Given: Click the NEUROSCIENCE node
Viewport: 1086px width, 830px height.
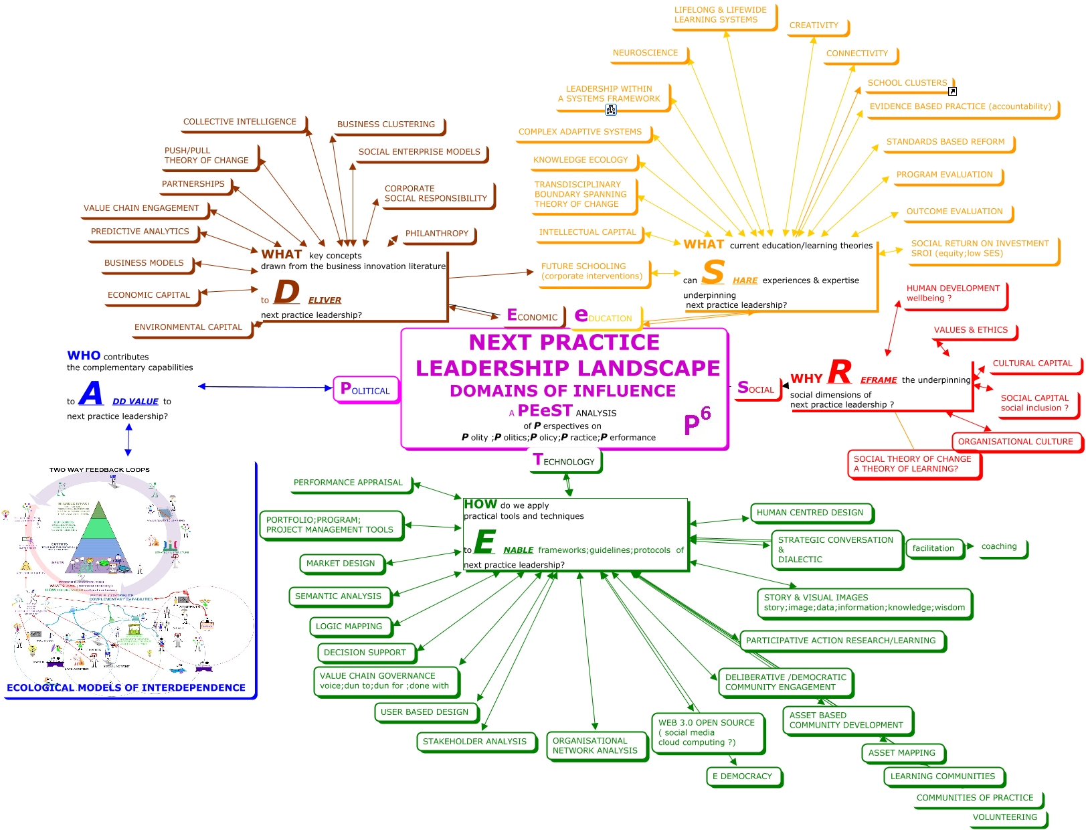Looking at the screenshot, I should (646, 53).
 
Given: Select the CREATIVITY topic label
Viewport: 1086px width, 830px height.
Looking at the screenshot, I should (814, 25).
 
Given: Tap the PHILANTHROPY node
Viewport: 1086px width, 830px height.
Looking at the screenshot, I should (437, 234).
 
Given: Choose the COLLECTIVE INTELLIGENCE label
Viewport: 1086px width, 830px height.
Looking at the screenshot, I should (240, 122).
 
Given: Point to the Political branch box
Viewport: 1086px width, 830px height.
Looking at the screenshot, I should (365, 389).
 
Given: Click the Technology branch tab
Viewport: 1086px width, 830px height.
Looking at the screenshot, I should (565, 461).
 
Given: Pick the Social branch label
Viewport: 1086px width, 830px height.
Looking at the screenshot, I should (756, 388).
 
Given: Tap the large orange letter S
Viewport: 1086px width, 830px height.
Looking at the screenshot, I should (713, 272).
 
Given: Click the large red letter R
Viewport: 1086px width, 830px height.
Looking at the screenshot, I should (840, 372).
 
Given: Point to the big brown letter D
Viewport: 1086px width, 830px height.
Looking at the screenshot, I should (286, 293).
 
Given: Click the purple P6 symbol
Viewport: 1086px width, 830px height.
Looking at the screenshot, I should (697, 421).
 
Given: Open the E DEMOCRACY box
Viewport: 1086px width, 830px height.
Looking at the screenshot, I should (742, 776).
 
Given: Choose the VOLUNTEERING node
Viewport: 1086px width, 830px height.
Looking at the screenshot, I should (1004, 817).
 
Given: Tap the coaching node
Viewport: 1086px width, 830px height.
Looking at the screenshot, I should (999, 547).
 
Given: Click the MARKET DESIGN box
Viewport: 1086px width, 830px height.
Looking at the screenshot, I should (341, 564).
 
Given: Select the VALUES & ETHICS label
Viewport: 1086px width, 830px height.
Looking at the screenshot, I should (970, 330).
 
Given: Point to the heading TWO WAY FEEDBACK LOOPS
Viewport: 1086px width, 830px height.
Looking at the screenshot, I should (100, 470).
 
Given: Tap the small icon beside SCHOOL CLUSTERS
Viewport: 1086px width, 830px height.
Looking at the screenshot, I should (952, 91).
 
